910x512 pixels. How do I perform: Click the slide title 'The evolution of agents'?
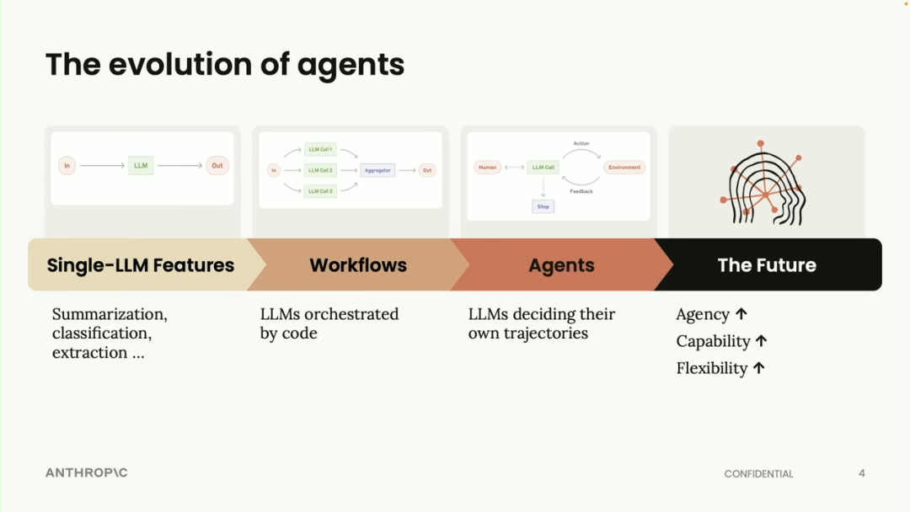click(x=225, y=65)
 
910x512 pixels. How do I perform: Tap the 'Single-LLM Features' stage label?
click(x=141, y=265)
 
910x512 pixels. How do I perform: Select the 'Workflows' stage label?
click(x=358, y=265)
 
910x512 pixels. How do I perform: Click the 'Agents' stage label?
click(x=561, y=265)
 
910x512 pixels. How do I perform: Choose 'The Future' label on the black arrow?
click(x=767, y=265)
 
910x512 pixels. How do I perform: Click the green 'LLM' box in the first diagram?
click(x=141, y=166)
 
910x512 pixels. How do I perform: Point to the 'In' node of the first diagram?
click(x=67, y=166)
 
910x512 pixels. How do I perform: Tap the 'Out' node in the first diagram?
click(x=217, y=166)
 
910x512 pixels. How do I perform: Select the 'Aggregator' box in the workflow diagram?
click(x=377, y=170)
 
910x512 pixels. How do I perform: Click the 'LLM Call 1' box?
click(x=320, y=150)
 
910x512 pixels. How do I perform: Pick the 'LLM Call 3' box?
click(x=320, y=191)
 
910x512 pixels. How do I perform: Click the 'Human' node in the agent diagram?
click(x=487, y=168)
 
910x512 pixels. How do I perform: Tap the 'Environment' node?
click(x=624, y=168)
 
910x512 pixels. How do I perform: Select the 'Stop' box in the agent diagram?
click(x=543, y=206)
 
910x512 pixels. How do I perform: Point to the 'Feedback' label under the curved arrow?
click(x=581, y=192)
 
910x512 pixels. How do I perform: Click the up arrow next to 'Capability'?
click(x=762, y=341)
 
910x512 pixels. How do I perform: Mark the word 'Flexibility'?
click(x=712, y=368)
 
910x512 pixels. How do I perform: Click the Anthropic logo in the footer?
click(x=87, y=473)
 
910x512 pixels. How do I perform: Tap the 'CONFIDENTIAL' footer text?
click(x=758, y=474)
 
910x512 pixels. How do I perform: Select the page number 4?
click(x=861, y=473)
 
